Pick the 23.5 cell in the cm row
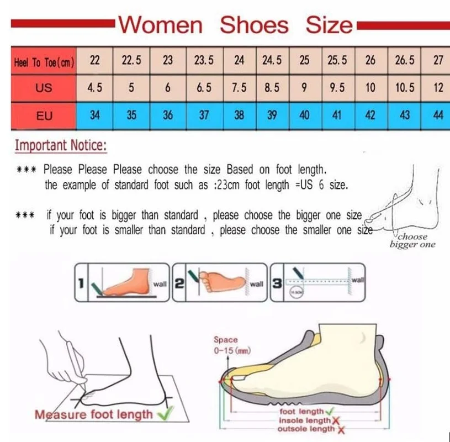pyautogui.click(x=204, y=61)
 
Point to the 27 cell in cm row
pyautogui.click(x=438, y=61)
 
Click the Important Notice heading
pyautogui.click(x=61, y=146)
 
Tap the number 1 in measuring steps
pyautogui.click(x=81, y=283)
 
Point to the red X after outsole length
pyautogui.click(x=341, y=429)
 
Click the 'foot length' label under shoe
pyautogui.click(x=301, y=412)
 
